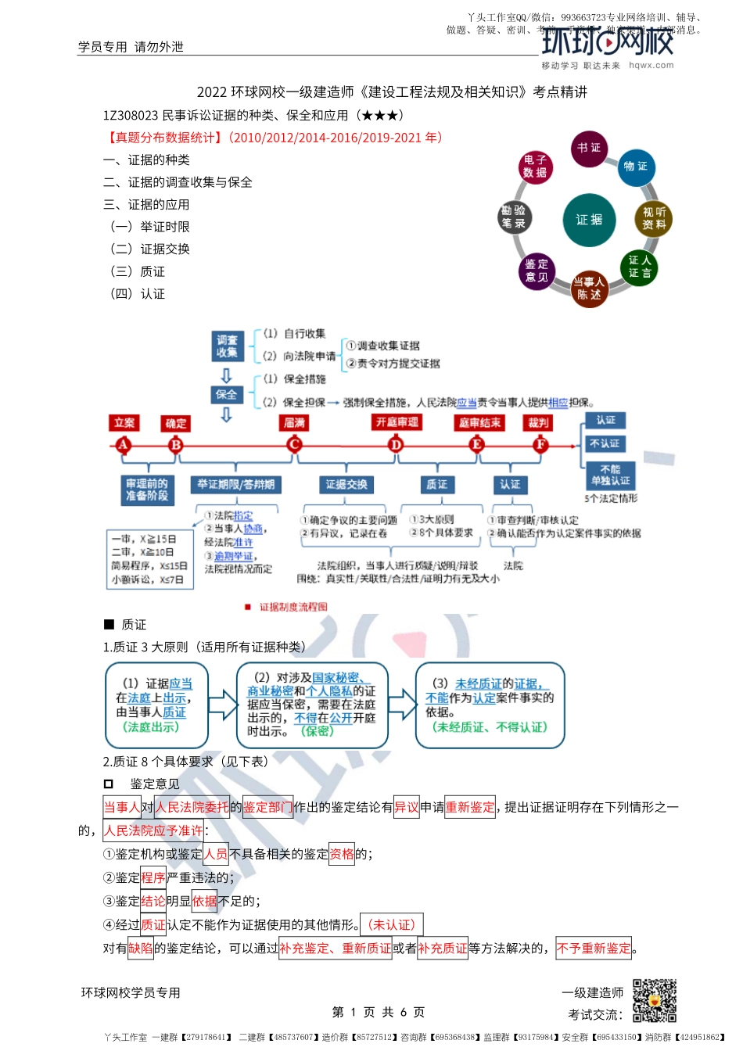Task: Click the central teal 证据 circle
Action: point(589,220)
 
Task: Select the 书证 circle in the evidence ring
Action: point(589,149)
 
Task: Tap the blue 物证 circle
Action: point(635,167)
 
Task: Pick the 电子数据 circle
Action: point(536,167)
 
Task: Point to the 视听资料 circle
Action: point(654,218)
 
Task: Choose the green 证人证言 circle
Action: point(639,267)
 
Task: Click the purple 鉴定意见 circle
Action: point(537,271)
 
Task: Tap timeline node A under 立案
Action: point(123,445)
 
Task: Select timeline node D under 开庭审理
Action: point(396,445)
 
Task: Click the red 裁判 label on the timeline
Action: point(539,423)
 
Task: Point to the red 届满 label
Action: point(294,423)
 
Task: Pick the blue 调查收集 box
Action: point(227,346)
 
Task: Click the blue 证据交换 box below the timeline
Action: point(346,485)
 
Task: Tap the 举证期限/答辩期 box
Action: point(235,485)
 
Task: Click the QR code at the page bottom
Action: point(654,1000)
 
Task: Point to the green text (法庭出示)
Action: point(151,727)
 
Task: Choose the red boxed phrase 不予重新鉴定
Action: point(594,949)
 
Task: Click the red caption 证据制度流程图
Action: point(293,607)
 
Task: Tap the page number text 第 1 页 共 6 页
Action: point(379,1012)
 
